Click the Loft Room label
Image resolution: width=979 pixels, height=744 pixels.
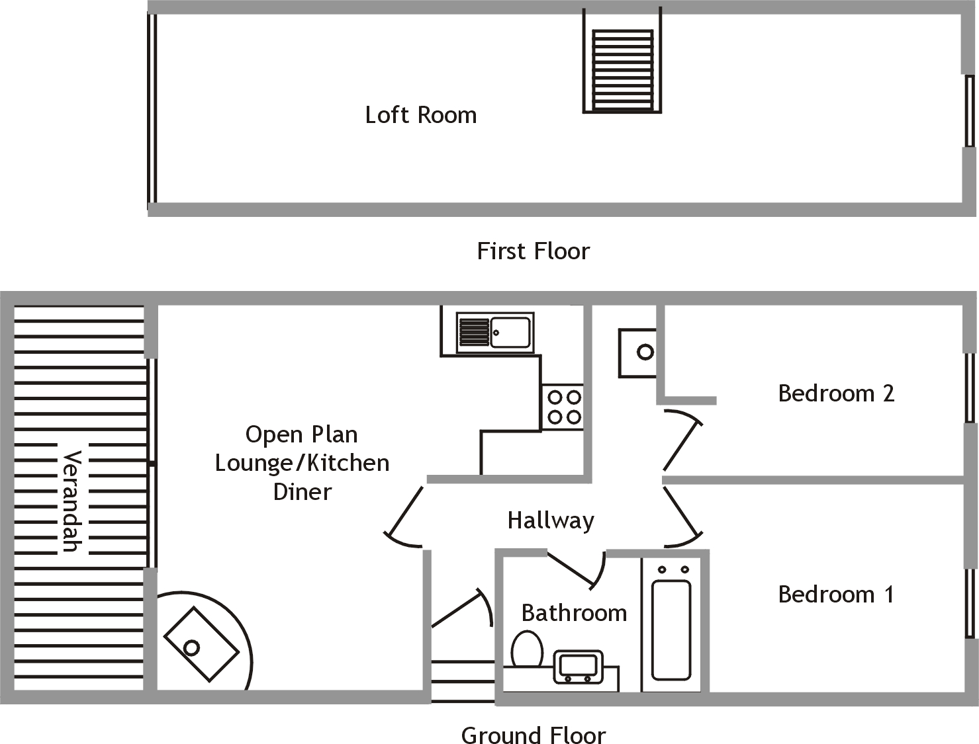pos(421,115)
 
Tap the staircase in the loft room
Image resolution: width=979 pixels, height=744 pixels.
pos(622,69)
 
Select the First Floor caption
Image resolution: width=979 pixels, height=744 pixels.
pos(533,251)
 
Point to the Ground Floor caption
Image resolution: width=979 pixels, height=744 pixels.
pos(533,735)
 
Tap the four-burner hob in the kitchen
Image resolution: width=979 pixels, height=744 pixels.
pos(563,407)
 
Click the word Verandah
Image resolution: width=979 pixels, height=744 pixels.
pos(71,501)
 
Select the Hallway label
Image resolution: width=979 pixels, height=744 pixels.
pos(551,520)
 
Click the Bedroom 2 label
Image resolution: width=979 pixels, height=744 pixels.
pos(836,393)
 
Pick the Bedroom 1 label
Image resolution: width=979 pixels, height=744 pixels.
pos(836,595)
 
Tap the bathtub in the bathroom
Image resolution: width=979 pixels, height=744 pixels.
pos(671,628)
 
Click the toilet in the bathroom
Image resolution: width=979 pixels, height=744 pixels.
pos(527,649)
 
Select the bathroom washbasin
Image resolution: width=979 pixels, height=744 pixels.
pos(578,667)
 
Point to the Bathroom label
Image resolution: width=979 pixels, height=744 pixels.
pos(574,613)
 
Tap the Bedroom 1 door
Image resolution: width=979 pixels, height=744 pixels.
pos(682,516)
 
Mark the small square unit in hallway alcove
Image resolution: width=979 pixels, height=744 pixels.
pos(638,352)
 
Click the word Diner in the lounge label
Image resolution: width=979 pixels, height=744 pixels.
pos(303,492)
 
